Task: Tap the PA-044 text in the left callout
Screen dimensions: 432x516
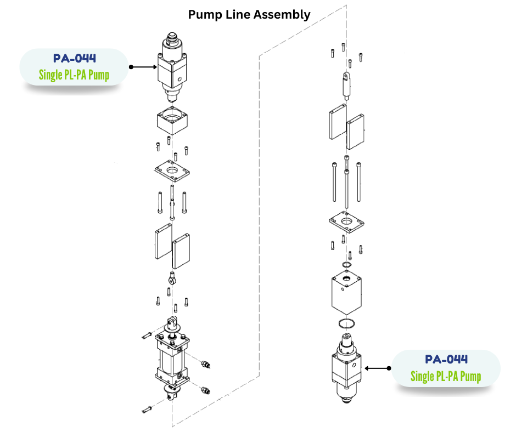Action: (x=75, y=58)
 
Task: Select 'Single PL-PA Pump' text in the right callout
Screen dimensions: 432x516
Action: (x=446, y=376)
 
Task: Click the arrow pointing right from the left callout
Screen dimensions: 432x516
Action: (x=143, y=67)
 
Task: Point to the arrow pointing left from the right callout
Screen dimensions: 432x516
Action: (x=377, y=368)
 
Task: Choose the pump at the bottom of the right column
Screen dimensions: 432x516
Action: (x=346, y=367)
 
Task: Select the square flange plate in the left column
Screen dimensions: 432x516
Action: (x=173, y=172)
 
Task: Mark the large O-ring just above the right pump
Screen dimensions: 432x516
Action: (x=346, y=322)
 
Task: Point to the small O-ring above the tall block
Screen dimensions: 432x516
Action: (x=346, y=266)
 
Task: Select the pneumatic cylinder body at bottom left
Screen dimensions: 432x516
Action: (x=172, y=360)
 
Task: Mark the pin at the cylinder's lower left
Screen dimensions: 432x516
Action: (x=147, y=408)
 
